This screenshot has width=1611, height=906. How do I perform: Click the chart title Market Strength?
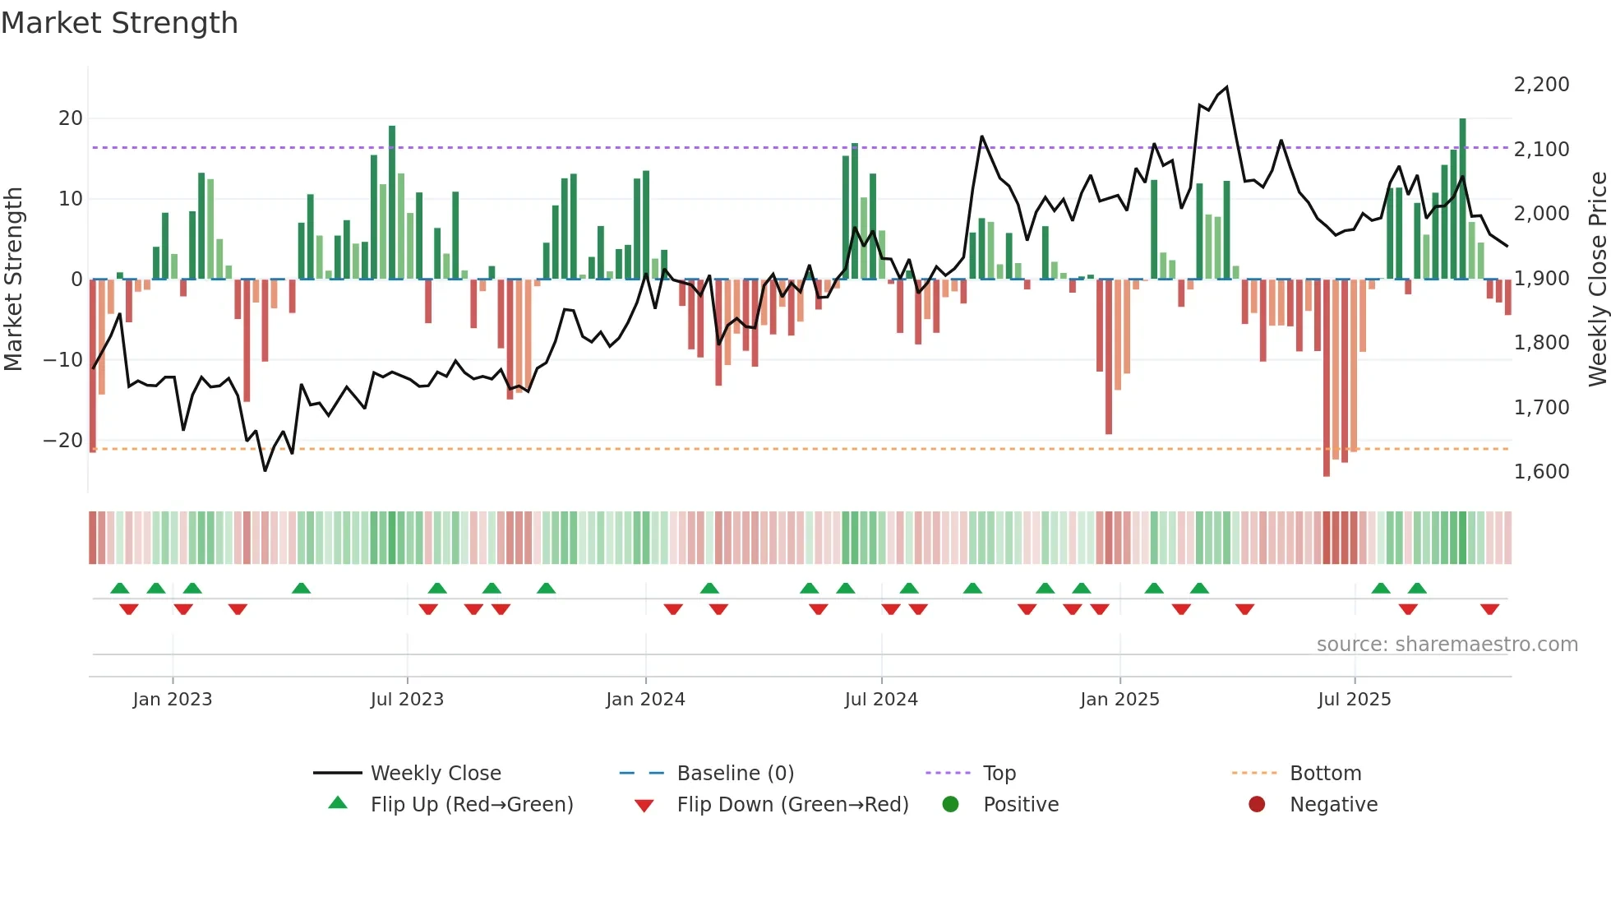[x=119, y=23]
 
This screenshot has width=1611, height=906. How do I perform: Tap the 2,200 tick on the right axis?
[x=1541, y=85]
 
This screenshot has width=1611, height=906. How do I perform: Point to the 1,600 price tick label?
[x=1541, y=472]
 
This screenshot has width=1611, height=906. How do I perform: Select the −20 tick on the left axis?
[x=63, y=441]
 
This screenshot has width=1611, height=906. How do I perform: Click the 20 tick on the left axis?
[x=71, y=118]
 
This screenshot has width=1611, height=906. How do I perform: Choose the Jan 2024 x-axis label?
[x=645, y=700]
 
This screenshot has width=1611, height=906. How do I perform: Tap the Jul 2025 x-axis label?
[x=1354, y=700]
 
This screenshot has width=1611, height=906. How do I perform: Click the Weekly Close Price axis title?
[x=1597, y=280]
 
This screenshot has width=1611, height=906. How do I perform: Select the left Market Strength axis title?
[x=13, y=280]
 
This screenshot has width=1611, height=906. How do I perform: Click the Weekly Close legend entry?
[x=436, y=774]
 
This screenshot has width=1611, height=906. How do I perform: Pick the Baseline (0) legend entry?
[x=735, y=774]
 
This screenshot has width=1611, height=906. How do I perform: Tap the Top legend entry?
[x=999, y=774]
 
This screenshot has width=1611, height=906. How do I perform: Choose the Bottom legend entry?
[x=1325, y=774]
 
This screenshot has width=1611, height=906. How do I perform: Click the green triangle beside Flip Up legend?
[x=338, y=803]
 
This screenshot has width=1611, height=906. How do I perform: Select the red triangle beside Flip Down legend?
[x=644, y=806]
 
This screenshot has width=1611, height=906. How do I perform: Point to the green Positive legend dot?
[x=951, y=804]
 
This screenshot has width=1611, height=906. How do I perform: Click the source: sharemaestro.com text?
[x=1447, y=645]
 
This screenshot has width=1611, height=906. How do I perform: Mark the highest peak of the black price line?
[x=1226, y=87]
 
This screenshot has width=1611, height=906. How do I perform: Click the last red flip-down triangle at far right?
[x=1489, y=609]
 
